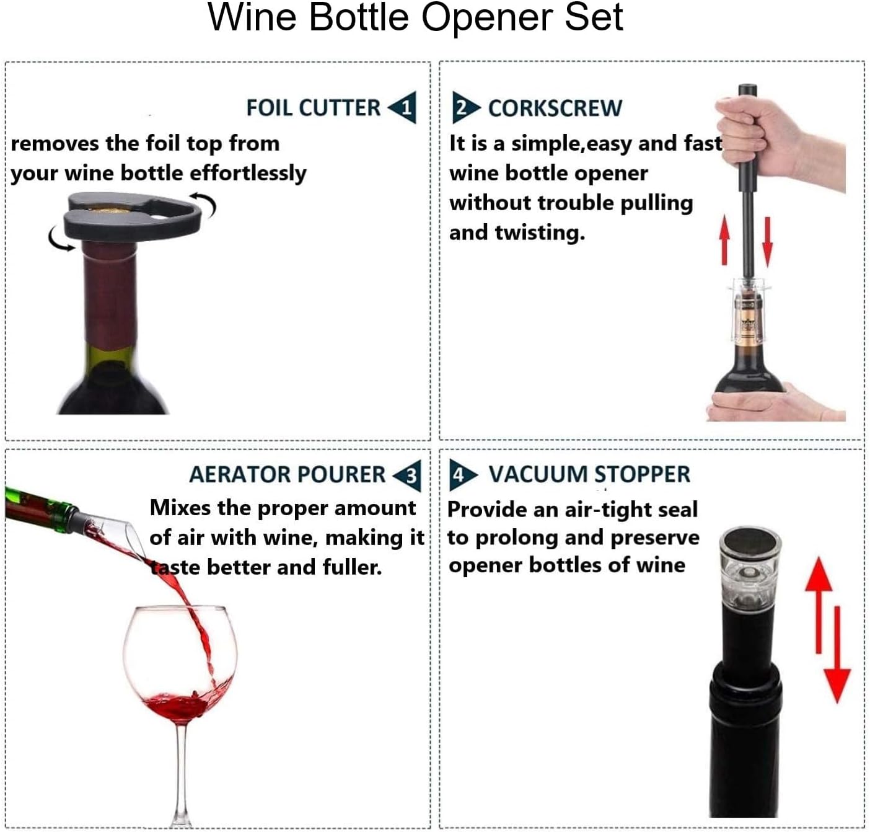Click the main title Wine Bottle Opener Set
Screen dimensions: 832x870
tap(415, 17)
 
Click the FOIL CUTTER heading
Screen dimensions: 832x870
tap(313, 107)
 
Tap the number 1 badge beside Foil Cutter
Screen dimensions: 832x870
tap(404, 108)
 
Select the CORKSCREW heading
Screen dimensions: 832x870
tap(555, 108)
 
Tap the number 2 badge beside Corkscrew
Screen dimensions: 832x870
tap(464, 108)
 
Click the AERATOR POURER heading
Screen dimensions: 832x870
tap(287, 474)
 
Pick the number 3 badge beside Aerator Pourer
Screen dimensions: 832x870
tap(409, 476)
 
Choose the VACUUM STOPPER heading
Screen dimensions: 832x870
tap(589, 474)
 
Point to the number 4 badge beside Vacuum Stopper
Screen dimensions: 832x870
tap(460, 475)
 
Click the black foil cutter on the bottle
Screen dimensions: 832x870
tap(133, 217)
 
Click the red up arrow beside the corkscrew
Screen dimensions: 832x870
tap(724, 241)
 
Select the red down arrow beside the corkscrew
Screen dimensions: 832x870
tap(767, 241)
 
